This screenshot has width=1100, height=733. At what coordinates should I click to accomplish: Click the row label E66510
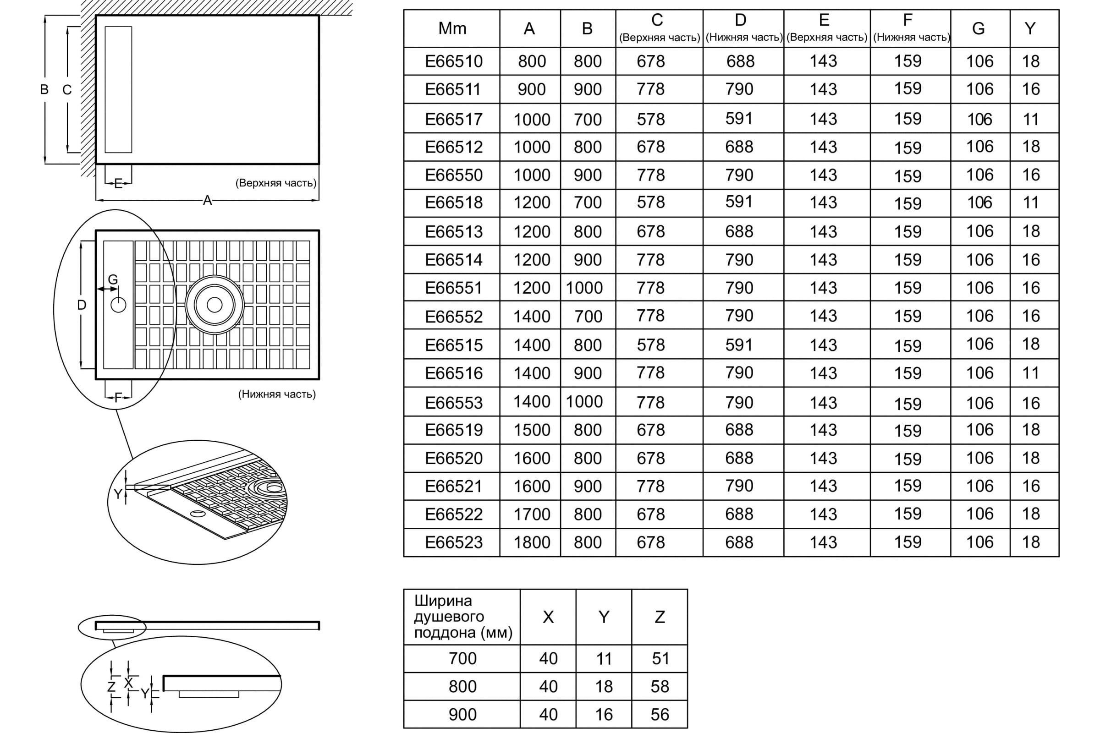click(x=454, y=61)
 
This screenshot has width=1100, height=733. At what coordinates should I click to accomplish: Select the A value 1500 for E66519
click(x=532, y=430)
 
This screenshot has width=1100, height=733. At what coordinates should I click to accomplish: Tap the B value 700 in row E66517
click(x=588, y=120)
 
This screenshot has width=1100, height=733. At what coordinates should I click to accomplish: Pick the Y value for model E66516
click(x=1031, y=373)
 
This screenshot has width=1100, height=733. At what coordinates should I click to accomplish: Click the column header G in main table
click(x=979, y=28)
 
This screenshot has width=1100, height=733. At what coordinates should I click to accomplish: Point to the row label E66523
click(x=454, y=542)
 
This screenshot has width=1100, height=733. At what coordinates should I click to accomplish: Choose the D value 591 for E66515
click(x=739, y=345)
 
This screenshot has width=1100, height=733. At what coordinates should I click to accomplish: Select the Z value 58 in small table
click(x=660, y=686)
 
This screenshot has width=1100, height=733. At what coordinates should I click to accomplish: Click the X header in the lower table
click(x=548, y=617)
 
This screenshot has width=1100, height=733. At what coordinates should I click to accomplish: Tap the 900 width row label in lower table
click(x=462, y=714)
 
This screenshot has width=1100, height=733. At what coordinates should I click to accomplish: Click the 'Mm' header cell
click(x=452, y=28)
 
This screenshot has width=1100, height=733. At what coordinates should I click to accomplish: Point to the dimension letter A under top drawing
click(x=207, y=201)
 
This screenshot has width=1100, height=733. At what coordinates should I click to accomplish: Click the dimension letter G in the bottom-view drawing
click(x=113, y=279)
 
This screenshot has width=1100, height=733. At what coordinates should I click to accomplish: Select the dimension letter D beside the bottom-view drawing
click(x=82, y=305)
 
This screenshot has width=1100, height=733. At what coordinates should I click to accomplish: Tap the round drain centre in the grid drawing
click(x=214, y=305)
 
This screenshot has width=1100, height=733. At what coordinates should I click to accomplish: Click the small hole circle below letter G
click(x=118, y=305)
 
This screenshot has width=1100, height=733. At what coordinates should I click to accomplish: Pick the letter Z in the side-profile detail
click(x=111, y=686)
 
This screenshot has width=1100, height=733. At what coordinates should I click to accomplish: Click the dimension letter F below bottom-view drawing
click(x=118, y=397)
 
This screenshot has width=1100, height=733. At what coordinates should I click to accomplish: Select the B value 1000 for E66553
click(x=584, y=402)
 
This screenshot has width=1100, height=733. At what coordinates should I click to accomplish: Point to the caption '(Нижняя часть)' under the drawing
click(x=277, y=394)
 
